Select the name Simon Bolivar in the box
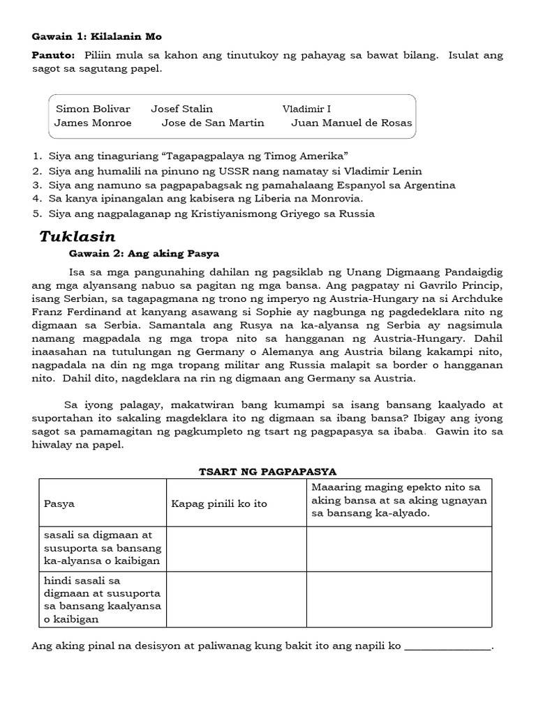(x=83, y=109)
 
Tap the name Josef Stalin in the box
(x=181, y=109)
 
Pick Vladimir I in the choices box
(x=306, y=109)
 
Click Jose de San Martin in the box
(x=213, y=123)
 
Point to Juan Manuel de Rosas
(x=351, y=123)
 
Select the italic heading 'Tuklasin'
(x=77, y=236)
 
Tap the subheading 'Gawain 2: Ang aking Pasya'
(x=144, y=252)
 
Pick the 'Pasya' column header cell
(x=59, y=503)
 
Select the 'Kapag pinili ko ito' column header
(x=219, y=503)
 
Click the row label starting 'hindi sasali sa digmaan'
(x=102, y=600)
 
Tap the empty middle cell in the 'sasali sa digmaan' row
(x=236, y=549)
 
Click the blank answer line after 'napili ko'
(x=448, y=646)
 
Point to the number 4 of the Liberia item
(x=35, y=199)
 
